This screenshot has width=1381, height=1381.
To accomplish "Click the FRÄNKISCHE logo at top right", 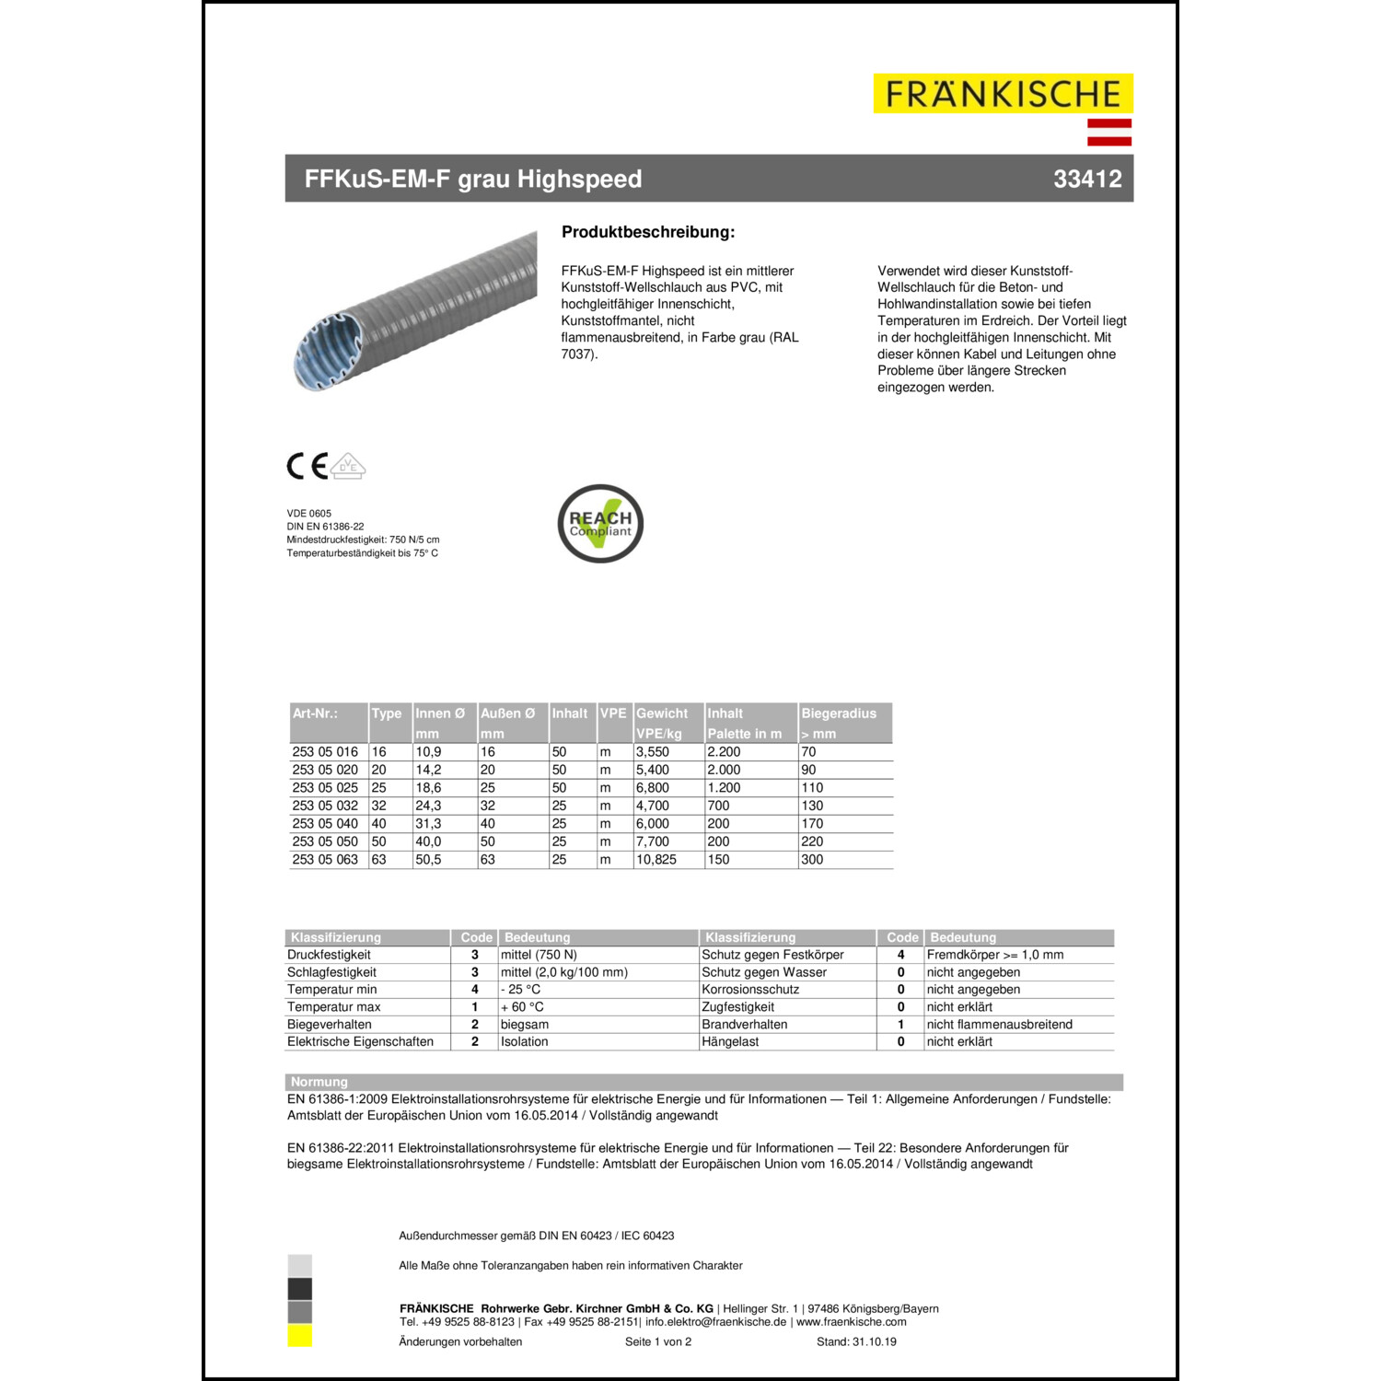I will click(1003, 94).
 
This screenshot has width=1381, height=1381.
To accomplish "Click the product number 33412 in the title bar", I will click(1087, 179).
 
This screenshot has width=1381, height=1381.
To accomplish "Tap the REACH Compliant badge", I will click(600, 524).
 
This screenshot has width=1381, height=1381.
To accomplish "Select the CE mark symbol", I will click(308, 466).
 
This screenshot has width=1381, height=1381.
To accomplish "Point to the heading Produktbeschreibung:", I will click(648, 232).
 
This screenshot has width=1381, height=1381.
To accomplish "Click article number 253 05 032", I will click(325, 806).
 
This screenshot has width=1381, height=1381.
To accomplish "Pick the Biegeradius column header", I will click(839, 714).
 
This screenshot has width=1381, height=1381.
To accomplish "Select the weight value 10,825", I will click(656, 860).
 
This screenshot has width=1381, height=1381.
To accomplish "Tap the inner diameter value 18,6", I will click(428, 788).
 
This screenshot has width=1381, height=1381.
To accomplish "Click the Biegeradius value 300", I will click(812, 860).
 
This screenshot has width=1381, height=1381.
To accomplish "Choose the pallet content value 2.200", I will click(724, 752).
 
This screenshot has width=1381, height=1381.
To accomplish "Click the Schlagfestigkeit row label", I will click(331, 972).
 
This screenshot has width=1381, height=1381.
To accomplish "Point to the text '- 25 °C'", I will click(520, 990).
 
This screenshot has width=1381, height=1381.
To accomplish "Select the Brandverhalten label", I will click(745, 1025).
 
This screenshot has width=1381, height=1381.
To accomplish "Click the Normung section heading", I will click(319, 1082).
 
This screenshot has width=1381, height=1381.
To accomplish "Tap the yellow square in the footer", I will click(300, 1336).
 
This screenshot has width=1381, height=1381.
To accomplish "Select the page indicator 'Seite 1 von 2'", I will click(658, 1342).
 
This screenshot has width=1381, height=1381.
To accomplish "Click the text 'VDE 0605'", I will click(309, 514).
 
